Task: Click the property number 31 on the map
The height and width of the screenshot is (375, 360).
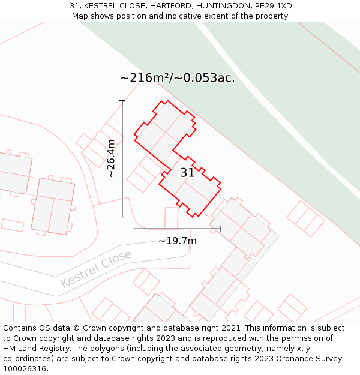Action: click(187, 173)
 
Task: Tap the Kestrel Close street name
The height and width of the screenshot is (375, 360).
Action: click(96, 269)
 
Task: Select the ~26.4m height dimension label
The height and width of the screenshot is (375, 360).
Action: click(111, 158)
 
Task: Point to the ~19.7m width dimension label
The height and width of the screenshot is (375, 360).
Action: click(177, 241)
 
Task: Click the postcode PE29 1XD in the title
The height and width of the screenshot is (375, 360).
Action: click(271, 6)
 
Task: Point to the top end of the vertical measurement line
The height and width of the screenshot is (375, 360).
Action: click(122, 101)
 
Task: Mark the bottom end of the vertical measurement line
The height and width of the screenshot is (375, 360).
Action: click(122, 217)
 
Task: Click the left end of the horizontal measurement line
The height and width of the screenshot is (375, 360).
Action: click(134, 229)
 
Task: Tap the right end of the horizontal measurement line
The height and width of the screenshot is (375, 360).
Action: click(221, 229)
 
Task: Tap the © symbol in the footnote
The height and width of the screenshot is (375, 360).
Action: click(76, 328)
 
